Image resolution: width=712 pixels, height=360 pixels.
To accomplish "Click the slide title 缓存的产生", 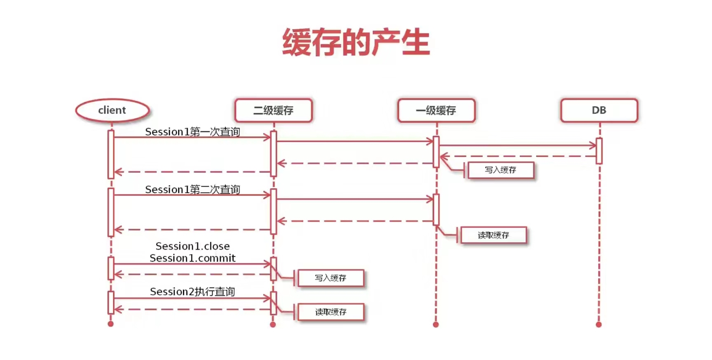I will (356, 42).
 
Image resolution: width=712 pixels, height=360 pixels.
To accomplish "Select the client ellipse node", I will (112, 110).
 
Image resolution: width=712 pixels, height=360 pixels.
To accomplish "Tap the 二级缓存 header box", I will (273, 110).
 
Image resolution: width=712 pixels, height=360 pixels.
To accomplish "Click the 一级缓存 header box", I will (436, 110).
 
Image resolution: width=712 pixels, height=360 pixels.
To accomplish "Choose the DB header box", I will (599, 110).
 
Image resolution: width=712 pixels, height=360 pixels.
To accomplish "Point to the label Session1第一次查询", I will (192, 132).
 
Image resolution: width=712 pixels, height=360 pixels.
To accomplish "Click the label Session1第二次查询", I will (192, 189).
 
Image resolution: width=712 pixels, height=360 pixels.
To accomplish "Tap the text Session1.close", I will (192, 246).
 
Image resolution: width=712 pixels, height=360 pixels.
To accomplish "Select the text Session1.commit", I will (192, 258).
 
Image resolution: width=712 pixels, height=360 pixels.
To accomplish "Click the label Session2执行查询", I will (192, 292).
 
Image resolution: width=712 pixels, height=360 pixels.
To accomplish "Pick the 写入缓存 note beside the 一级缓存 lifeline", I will (501, 170).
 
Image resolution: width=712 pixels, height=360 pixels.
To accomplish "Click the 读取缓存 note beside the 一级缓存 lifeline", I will (493, 235).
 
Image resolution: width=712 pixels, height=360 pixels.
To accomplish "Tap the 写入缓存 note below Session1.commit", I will (330, 278).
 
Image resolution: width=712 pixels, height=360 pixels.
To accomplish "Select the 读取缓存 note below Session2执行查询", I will (330, 312).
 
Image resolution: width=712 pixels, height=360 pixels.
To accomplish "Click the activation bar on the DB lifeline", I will (599, 151).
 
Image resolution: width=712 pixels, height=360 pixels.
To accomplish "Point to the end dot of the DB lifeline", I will (599, 325).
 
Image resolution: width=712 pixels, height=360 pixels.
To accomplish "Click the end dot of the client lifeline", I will (110, 324).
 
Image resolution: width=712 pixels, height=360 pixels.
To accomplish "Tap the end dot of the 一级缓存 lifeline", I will (436, 325).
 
